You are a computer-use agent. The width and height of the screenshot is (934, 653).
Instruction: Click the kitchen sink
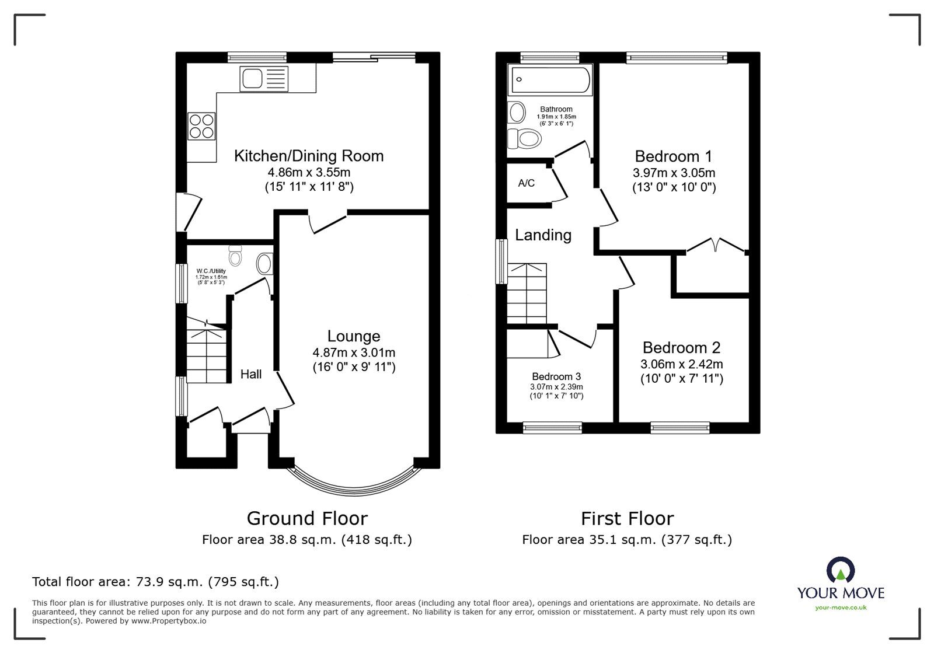click(263, 79)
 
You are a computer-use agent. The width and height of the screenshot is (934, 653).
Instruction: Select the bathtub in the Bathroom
click(550, 80)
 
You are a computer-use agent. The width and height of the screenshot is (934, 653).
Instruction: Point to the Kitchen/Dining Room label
click(309, 156)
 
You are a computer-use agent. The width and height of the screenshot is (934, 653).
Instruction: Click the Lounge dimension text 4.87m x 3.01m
click(354, 352)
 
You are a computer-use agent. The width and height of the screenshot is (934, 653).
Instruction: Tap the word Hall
click(251, 374)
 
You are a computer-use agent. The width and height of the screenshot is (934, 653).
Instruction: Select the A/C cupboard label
click(526, 183)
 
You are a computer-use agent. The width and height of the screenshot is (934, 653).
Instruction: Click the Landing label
click(543, 235)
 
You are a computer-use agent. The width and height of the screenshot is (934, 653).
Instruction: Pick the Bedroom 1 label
click(674, 156)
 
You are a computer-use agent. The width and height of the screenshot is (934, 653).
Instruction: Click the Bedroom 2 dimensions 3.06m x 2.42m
click(681, 364)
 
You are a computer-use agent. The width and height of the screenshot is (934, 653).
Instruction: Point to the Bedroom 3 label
click(556, 377)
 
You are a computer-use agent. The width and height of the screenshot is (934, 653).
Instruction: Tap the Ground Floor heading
click(307, 518)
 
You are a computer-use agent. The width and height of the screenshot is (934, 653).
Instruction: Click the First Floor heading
click(627, 518)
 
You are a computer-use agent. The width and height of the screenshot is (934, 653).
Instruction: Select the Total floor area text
click(155, 582)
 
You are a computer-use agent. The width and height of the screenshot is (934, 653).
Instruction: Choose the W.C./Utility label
click(211, 271)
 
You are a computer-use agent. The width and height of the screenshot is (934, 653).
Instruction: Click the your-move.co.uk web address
click(841, 607)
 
